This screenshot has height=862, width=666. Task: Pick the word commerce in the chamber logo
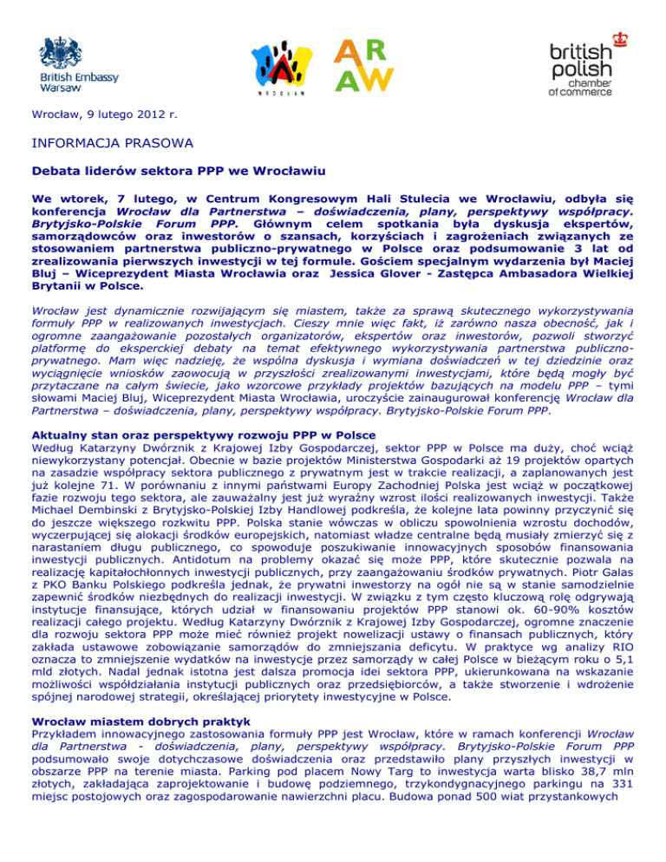click(x=591, y=90)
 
